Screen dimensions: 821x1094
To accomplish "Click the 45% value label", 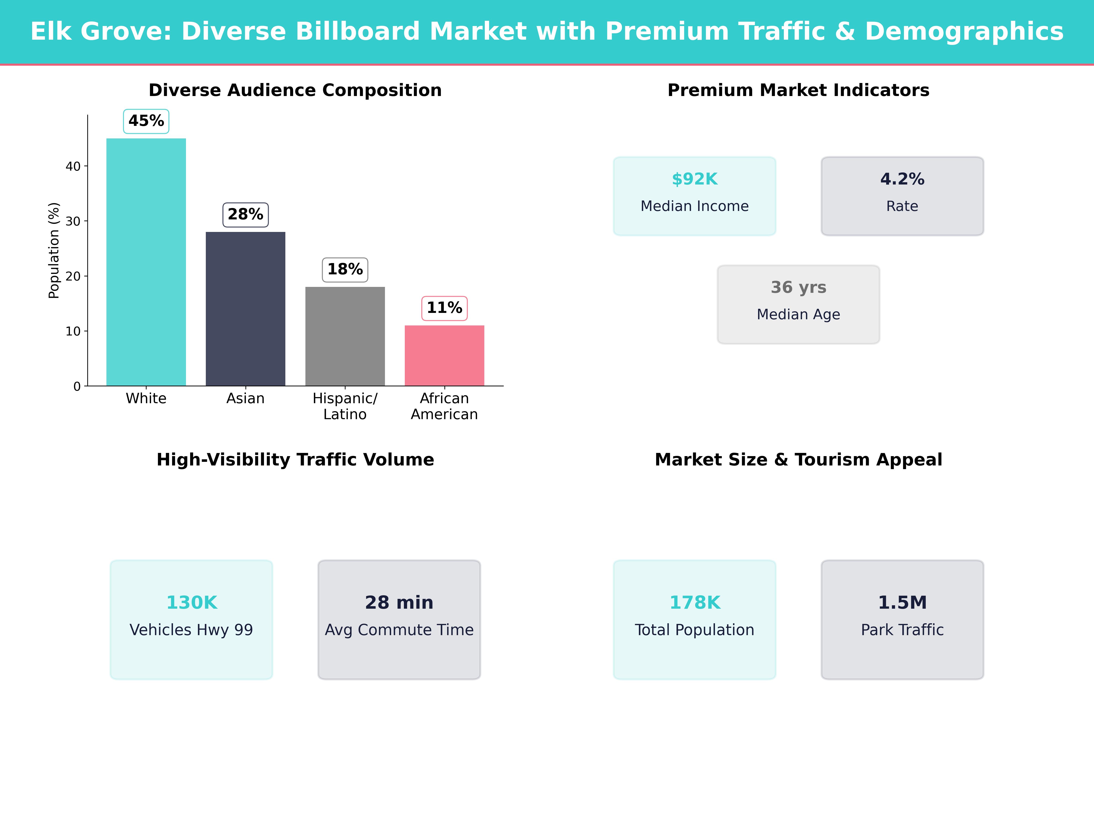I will [146, 121].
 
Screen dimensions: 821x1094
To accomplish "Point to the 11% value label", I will [444, 308].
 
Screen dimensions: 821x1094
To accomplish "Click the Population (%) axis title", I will [53, 250].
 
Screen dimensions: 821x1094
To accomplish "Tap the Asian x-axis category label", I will [245, 398].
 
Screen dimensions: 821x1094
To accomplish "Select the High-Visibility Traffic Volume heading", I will [295, 460].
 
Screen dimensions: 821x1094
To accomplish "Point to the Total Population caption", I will [694, 630].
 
